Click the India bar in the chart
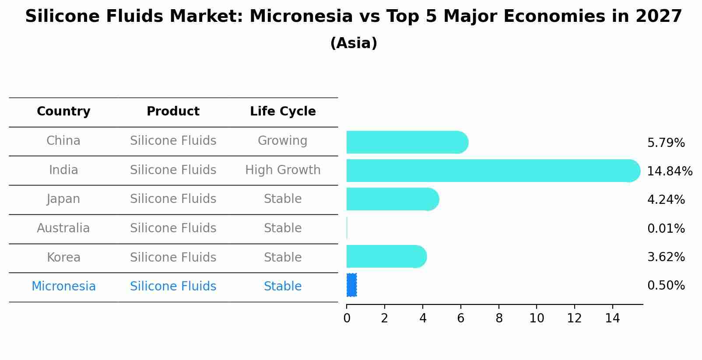493,171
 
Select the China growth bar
407,142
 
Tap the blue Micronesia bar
351,285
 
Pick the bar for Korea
387,257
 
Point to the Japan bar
393,199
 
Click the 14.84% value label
670,171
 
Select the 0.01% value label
666,228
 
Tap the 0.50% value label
666,286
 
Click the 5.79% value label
666,143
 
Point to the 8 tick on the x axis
499,318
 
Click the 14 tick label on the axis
612,318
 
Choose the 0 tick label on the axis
347,318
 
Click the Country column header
63,112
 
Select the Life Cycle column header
283,111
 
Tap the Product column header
173,111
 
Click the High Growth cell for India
283,170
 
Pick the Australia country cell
63,228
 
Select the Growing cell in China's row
282,141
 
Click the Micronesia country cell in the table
63,287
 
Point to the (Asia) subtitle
354,43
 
